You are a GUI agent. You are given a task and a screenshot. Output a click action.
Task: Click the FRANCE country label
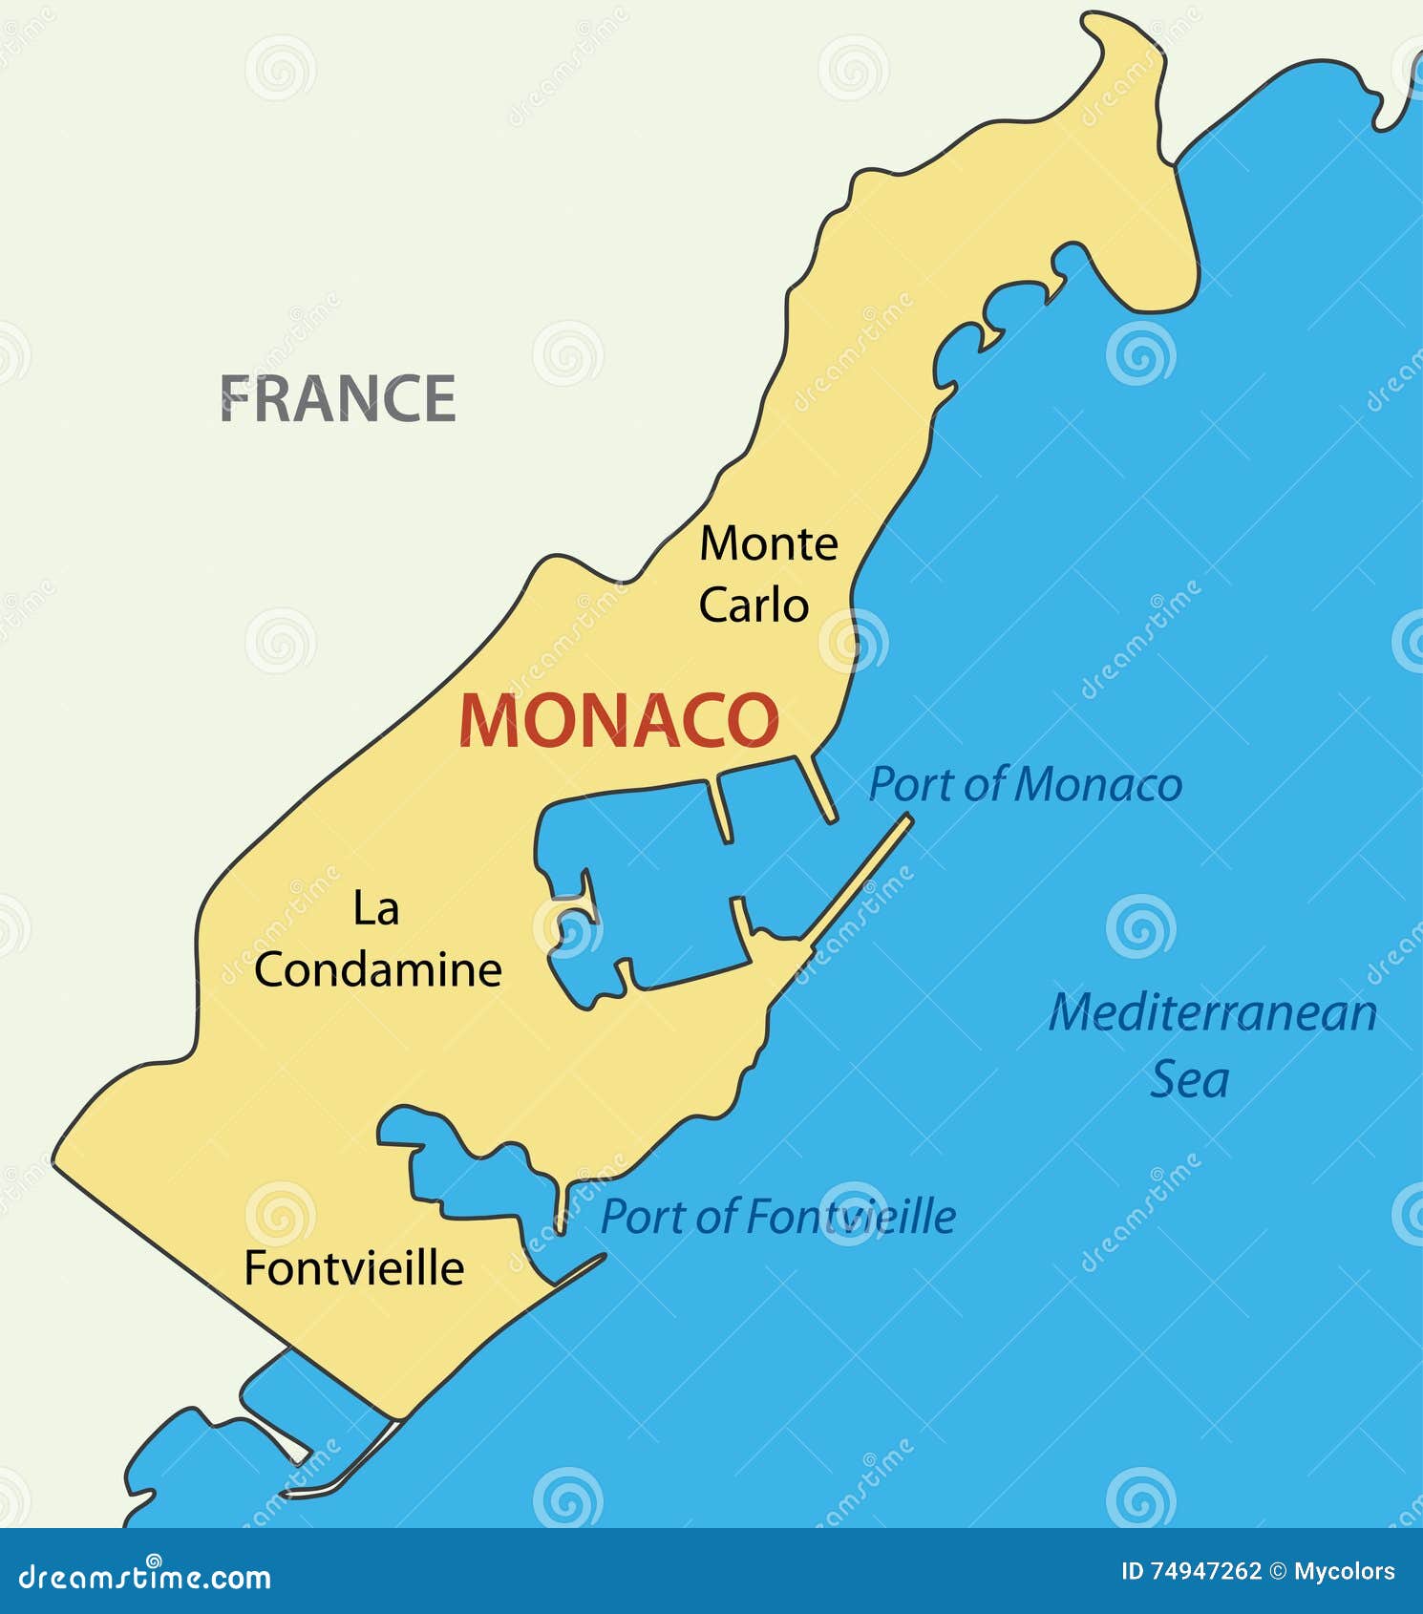[338, 398]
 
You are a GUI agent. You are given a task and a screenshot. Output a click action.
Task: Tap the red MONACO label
[619, 721]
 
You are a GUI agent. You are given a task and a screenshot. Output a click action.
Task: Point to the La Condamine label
[377, 940]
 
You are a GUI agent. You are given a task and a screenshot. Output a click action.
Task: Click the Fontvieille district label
[353, 1268]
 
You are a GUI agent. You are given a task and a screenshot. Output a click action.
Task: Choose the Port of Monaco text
[1025, 785]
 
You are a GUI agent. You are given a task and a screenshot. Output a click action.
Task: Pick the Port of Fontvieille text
[777, 1217]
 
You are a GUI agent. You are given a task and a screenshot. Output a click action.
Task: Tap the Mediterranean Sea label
[1212, 1045]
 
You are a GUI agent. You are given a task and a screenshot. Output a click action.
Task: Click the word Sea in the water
[1189, 1080]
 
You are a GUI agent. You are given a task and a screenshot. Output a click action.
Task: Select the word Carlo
[754, 605]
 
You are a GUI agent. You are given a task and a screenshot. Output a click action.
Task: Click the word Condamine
[377, 970]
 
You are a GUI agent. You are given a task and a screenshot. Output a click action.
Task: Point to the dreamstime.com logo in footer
[145, 1578]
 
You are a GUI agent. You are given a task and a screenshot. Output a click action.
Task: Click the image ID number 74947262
[1204, 1571]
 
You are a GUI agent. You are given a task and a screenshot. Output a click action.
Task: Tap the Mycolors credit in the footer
[1345, 1571]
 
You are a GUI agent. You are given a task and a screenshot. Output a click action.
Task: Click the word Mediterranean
[1212, 1012]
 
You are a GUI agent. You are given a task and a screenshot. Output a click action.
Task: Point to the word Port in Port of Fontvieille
[642, 1217]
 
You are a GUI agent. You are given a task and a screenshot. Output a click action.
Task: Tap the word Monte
[769, 544]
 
